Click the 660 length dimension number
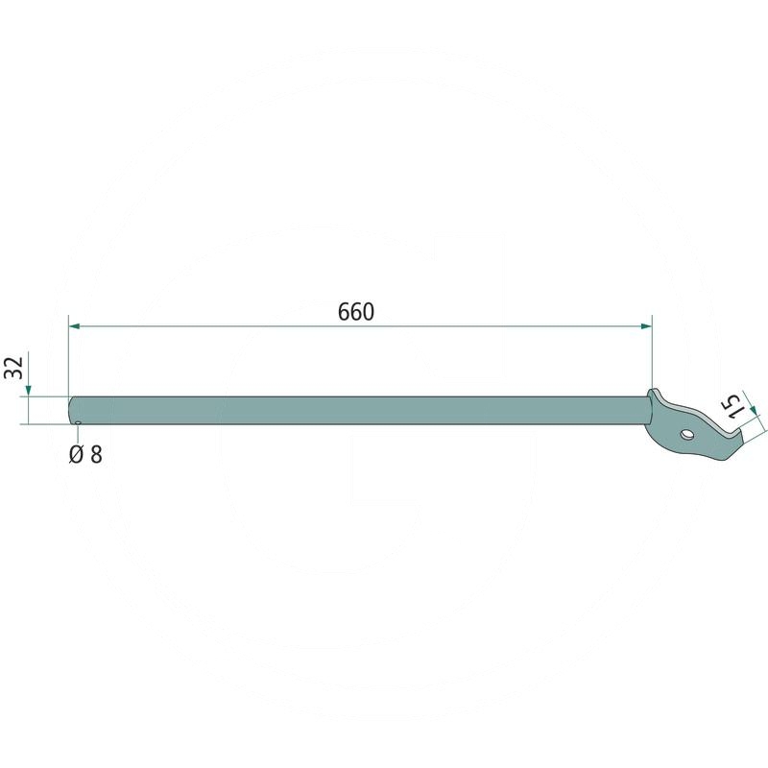(356, 312)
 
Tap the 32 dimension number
(14, 368)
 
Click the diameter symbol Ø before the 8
(77, 455)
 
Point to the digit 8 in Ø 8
(97, 455)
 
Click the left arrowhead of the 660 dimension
(75, 325)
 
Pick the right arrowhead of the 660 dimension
(646, 326)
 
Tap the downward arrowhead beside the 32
(29, 391)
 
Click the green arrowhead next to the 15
(755, 409)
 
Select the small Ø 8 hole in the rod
(78, 422)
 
